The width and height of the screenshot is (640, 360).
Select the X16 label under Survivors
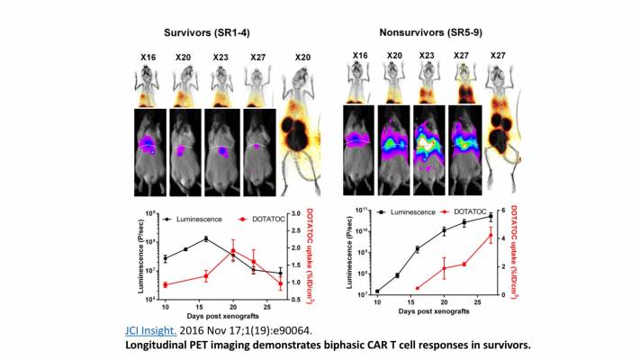pos(150,57)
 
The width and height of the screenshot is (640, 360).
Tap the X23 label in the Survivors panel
pos(221,57)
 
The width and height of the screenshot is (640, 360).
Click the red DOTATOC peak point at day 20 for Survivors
pos(233,251)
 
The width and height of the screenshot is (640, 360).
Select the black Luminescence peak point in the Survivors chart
pos(207,238)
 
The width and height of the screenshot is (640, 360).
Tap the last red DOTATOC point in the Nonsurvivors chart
pos(490,236)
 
